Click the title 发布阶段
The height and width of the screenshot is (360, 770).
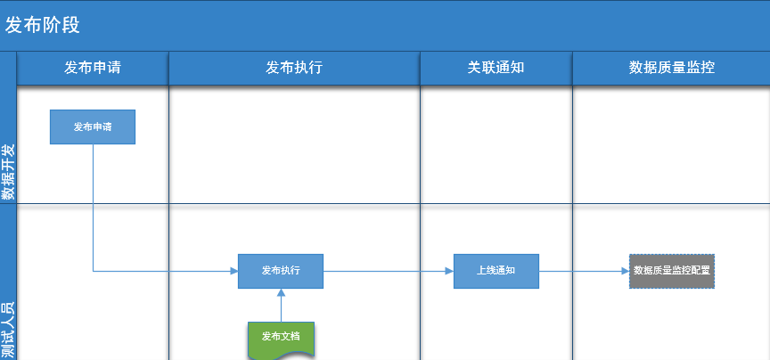click(x=42, y=25)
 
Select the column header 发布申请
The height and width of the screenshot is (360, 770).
click(x=93, y=68)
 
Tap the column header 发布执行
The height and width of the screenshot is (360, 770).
click(x=294, y=68)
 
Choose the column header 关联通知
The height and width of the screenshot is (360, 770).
click(x=496, y=68)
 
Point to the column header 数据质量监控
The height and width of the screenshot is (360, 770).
click(x=672, y=68)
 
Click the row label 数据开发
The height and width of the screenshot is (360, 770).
click(x=8, y=172)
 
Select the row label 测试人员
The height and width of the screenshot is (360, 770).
click(x=8, y=330)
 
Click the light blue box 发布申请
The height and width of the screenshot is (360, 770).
click(x=93, y=127)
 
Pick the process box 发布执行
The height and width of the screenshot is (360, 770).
click(x=281, y=271)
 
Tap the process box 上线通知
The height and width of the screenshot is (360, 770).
click(x=496, y=271)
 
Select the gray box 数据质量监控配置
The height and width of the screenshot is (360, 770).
click(x=672, y=271)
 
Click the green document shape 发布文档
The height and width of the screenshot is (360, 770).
click(x=281, y=340)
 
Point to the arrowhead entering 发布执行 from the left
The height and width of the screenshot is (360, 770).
click(x=233, y=271)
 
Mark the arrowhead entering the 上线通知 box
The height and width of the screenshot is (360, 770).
click(x=449, y=271)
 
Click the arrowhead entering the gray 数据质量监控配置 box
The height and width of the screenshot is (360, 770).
click(x=625, y=271)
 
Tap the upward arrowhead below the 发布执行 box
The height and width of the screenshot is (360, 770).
click(x=281, y=292)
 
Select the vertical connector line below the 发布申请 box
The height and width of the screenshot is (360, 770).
click(x=94, y=208)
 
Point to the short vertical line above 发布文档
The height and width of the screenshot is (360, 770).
click(x=281, y=309)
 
